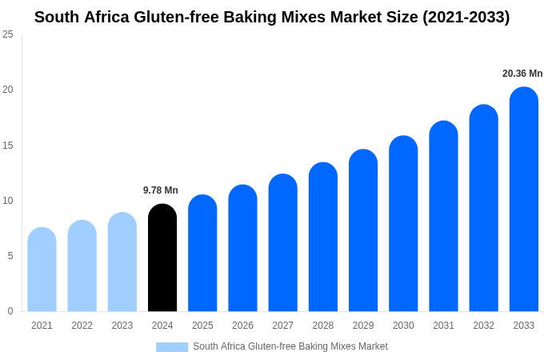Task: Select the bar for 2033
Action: click(523, 199)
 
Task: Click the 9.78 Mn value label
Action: click(161, 190)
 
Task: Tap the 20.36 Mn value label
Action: click(522, 74)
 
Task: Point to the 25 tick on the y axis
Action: click(8, 34)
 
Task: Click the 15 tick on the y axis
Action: click(8, 145)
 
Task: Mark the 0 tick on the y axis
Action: click(10, 311)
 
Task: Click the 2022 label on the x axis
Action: click(82, 326)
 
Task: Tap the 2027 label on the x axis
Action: click(282, 326)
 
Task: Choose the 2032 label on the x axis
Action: click(483, 326)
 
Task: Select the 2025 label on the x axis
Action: click(202, 326)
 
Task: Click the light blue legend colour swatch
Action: click(172, 347)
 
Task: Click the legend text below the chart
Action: click(290, 346)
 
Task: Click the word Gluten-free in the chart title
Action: click(181, 17)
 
